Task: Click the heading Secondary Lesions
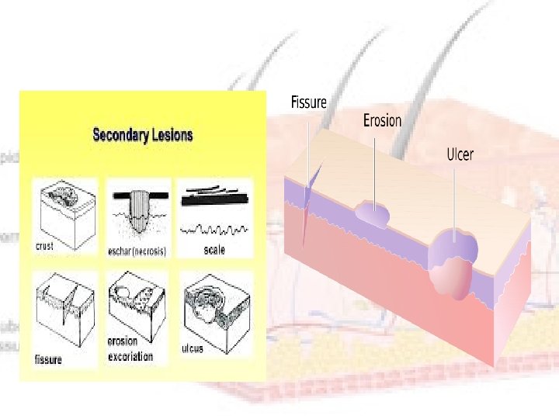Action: click(x=143, y=135)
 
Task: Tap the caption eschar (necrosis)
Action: click(x=137, y=251)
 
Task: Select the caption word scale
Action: click(x=214, y=250)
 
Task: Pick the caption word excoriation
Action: click(x=131, y=356)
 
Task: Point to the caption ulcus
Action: click(x=192, y=348)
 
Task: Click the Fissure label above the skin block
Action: click(x=308, y=102)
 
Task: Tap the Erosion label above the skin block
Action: click(x=383, y=120)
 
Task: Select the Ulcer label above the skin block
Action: click(x=460, y=154)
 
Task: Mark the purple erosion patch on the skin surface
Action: click(x=372, y=213)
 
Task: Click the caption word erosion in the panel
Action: click(x=123, y=341)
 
